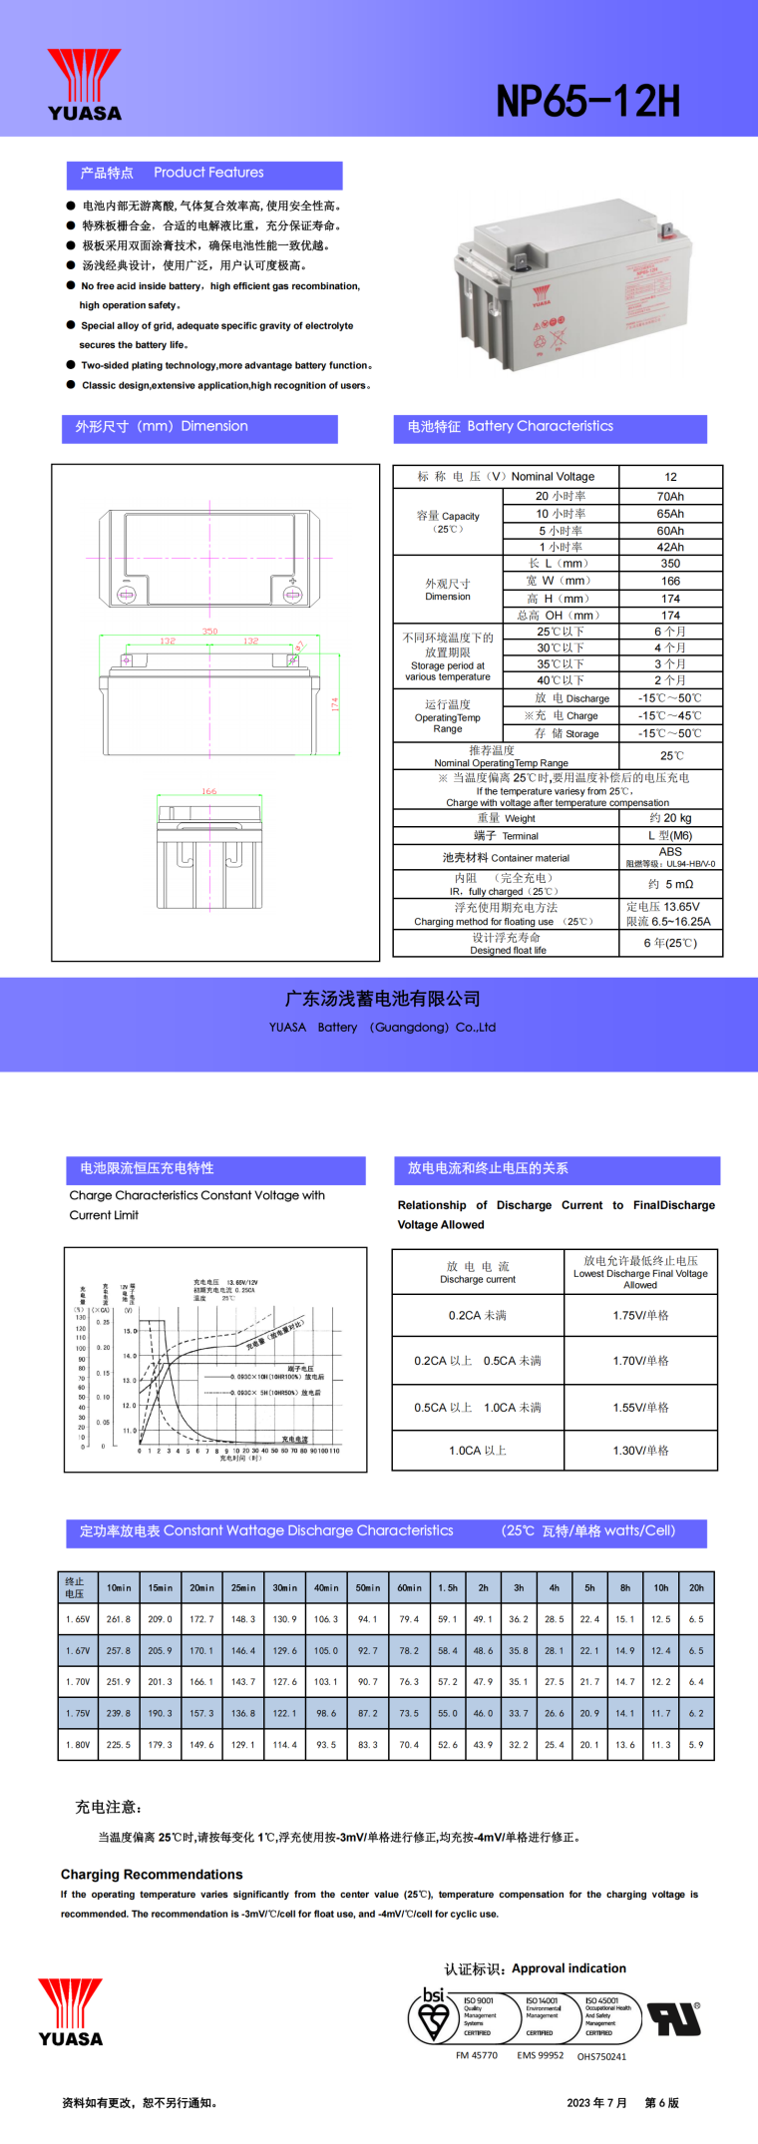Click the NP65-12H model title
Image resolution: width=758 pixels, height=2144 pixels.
coord(587,101)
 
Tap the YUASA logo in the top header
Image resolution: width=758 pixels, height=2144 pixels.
coord(85,85)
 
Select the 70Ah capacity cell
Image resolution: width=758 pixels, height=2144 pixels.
coord(670,496)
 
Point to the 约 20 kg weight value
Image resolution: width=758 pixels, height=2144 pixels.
coord(670,818)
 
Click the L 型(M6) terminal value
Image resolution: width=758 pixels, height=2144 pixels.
coord(670,836)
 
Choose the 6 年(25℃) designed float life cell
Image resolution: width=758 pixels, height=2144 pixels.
coord(670,943)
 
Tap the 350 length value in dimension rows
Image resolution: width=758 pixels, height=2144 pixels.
coord(670,564)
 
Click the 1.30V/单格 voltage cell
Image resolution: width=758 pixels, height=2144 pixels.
coord(640,1451)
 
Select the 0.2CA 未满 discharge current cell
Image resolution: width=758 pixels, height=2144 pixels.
coord(477,1316)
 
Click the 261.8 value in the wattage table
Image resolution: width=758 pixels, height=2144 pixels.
coord(119,1619)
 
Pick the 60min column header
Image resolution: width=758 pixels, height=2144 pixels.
coord(409,1587)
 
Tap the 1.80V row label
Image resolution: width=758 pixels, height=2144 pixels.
coord(78,1745)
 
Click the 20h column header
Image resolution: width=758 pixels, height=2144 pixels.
coord(696,1587)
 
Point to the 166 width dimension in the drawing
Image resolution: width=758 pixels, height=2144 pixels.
coord(209,791)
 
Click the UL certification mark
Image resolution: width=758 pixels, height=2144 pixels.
coord(675,2019)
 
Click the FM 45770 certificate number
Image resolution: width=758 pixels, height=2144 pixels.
coord(477,2055)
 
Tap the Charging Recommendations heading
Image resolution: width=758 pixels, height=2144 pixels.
coord(152,1875)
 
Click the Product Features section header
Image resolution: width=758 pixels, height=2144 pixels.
coord(204,174)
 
